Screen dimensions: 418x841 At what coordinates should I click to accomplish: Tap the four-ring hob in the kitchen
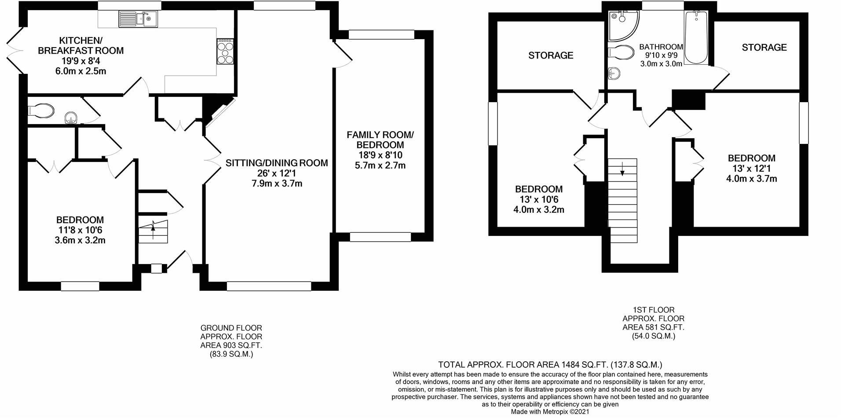click(225, 51)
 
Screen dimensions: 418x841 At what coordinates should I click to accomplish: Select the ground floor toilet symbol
click(41, 111)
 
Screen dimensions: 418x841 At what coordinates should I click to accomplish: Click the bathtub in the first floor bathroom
click(695, 37)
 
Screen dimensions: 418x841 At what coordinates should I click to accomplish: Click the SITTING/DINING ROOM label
click(277, 163)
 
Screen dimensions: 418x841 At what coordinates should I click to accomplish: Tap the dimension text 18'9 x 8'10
click(380, 155)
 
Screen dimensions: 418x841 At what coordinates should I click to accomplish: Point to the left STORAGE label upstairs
click(551, 55)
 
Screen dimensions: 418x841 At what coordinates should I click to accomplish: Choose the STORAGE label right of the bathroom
click(764, 48)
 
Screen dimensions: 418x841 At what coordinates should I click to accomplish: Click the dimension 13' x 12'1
click(751, 169)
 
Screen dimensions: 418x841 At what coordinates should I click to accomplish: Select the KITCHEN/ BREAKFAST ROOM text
click(80, 45)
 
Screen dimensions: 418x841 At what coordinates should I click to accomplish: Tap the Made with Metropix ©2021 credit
click(549, 412)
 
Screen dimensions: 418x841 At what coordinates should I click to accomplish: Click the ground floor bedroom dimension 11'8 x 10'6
click(80, 230)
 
